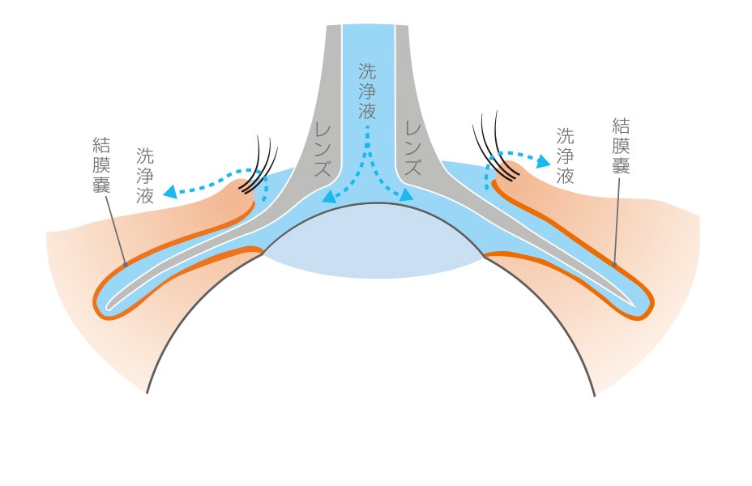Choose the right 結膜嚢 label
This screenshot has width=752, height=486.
tap(622, 146)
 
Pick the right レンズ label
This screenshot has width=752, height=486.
tap(413, 151)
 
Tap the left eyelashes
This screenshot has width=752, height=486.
tap(266, 156)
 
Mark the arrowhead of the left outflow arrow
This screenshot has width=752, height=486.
tap(169, 193)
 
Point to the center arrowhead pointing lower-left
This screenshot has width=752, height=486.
tap(327, 197)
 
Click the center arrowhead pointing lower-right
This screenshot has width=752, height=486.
tap(407, 196)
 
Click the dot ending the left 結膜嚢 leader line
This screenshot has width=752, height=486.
tap(125, 263)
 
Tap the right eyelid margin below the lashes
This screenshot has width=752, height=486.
tap(502, 180)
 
